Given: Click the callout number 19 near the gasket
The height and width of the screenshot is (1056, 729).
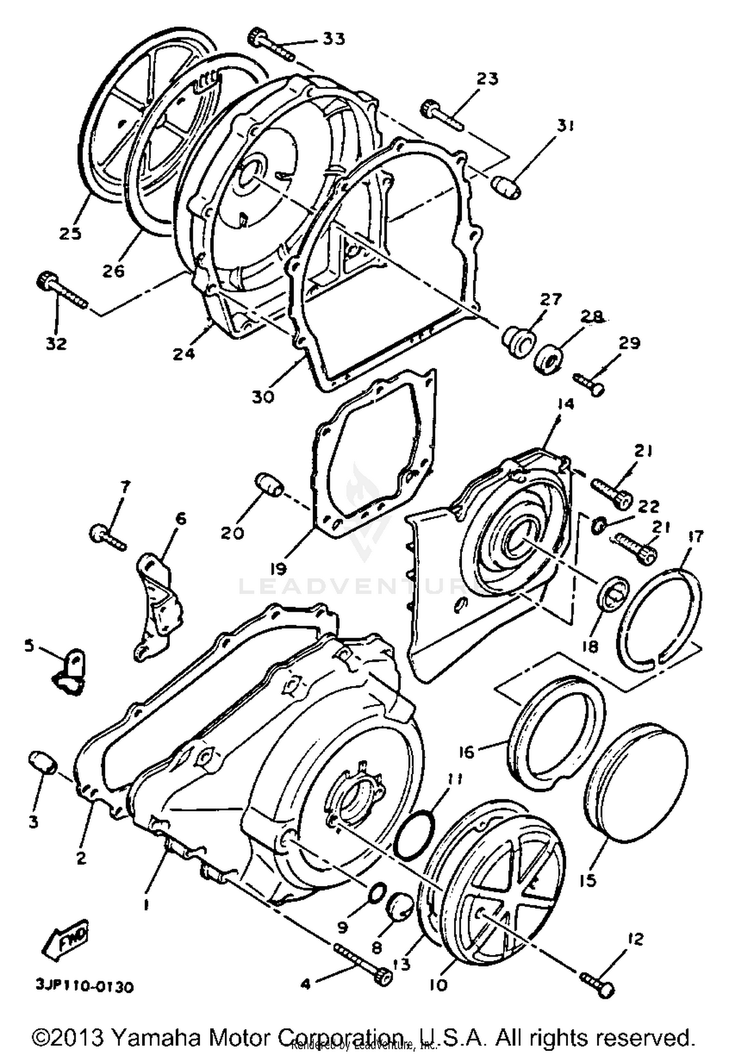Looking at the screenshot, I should (280, 567).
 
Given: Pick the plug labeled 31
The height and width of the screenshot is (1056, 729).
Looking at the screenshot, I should (505, 187).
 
